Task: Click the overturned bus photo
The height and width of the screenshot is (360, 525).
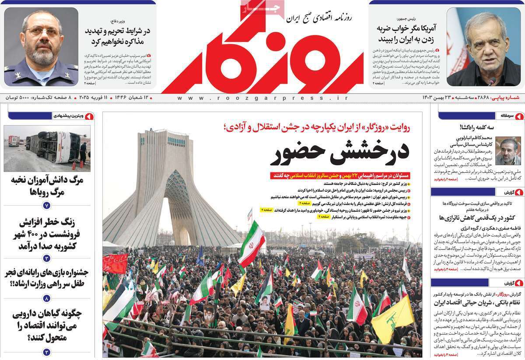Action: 47,148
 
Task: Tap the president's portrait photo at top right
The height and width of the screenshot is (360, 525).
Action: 483,46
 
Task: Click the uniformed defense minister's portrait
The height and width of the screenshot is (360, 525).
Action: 42,46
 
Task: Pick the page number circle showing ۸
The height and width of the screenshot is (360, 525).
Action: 47,298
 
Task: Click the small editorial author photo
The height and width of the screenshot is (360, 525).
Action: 508,150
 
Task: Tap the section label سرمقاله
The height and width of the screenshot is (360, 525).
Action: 503,116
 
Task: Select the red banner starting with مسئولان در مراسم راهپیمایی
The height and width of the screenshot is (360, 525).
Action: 341,175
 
